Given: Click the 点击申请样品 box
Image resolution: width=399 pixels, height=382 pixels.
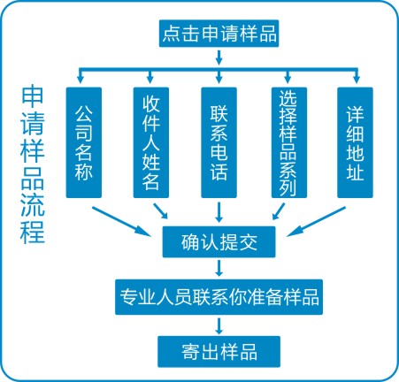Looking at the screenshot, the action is point(219,34).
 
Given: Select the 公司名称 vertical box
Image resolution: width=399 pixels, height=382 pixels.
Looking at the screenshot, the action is point(84,142).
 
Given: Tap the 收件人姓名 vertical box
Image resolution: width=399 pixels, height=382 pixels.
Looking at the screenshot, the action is point(151,142).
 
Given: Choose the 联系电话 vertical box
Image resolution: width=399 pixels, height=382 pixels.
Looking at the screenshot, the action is point(219,142).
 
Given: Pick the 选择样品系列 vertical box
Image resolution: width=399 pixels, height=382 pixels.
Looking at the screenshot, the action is point(289,142).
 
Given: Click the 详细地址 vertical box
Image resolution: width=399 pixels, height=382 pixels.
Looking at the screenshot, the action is point(355,142).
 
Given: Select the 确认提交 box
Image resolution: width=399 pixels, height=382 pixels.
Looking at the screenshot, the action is point(219,242).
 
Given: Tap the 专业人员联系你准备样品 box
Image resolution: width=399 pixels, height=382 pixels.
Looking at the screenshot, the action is point(219,297).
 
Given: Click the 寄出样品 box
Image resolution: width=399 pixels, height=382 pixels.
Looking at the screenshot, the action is point(219,352).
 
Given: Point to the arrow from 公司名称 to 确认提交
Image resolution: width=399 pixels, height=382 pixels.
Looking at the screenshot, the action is point(121,221).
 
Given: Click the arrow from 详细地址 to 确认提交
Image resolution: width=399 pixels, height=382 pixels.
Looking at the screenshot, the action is point(316,221).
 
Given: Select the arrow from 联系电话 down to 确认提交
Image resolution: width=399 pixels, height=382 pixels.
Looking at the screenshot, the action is point(219,212).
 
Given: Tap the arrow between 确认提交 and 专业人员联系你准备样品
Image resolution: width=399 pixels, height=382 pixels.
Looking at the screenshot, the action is point(219,268).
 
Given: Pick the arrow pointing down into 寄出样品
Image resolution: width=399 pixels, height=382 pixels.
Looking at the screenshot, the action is point(219,325).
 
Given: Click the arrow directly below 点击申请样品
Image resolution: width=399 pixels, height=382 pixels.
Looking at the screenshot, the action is point(219,57).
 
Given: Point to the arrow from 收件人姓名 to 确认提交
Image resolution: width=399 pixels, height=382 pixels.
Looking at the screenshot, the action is point(161,210).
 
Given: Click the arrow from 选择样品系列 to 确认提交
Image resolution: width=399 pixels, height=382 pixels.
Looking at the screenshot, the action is point(279,211).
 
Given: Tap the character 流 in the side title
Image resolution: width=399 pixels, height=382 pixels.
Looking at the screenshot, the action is point(33,205).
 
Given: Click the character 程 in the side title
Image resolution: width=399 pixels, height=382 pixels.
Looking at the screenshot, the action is point(33,232).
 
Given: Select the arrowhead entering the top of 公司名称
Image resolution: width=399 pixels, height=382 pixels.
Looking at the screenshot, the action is point(81,79).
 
